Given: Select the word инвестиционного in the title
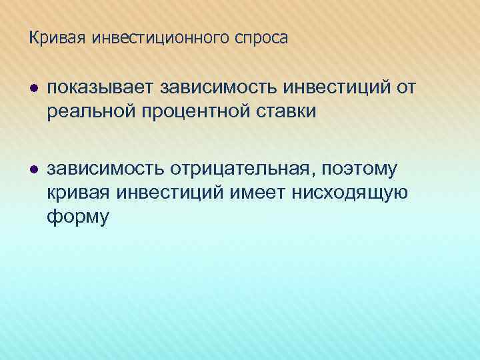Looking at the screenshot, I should pyautogui.click(x=160, y=39).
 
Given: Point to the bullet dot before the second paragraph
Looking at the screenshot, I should pyautogui.click(x=33, y=171).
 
